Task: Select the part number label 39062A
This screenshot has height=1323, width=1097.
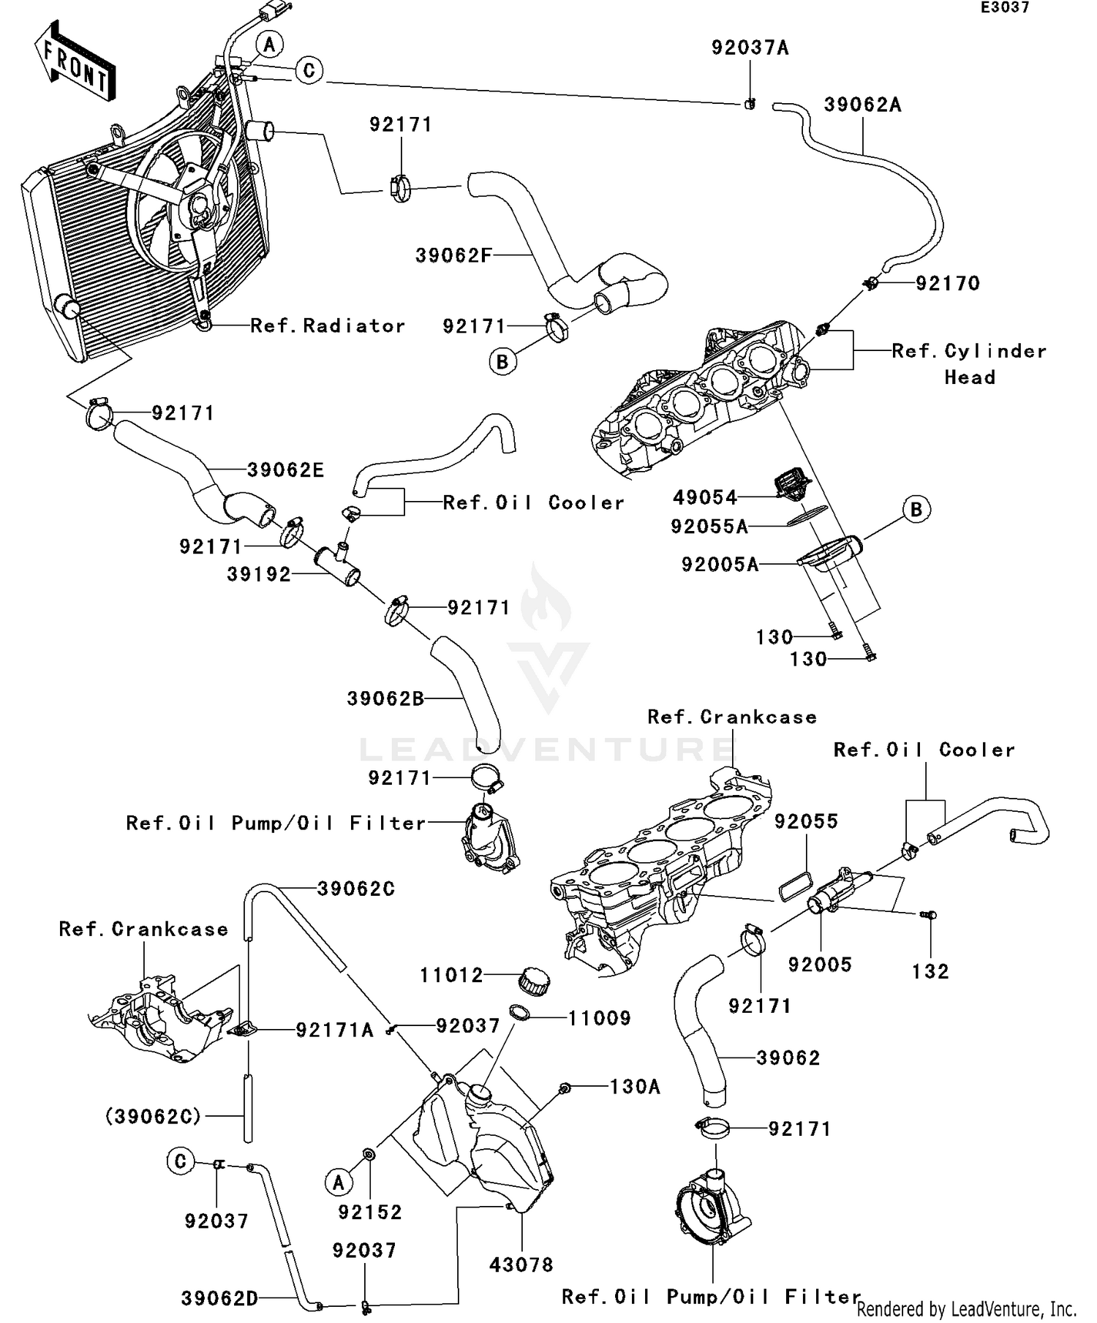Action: click(x=863, y=105)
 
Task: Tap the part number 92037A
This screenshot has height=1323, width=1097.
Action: click(x=750, y=48)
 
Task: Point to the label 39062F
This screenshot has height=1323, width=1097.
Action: click(x=453, y=255)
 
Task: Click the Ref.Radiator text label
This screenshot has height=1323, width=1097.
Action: click(x=328, y=325)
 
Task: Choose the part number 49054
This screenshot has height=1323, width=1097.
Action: click(x=705, y=497)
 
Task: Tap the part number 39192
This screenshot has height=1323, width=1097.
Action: click(x=259, y=574)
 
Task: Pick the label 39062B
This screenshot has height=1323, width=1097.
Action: click(x=385, y=698)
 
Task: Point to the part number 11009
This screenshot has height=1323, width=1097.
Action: click(x=600, y=1018)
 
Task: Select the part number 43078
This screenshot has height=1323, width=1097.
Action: click(x=521, y=1264)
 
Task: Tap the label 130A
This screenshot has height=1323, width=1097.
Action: click(x=635, y=1087)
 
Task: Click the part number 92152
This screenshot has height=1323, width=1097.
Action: click(x=370, y=1212)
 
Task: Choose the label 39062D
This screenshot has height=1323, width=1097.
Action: click(x=219, y=1298)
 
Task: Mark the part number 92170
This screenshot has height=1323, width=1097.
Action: click(x=948, y=283)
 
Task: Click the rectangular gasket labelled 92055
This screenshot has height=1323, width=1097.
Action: click(x=794, y=886)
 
